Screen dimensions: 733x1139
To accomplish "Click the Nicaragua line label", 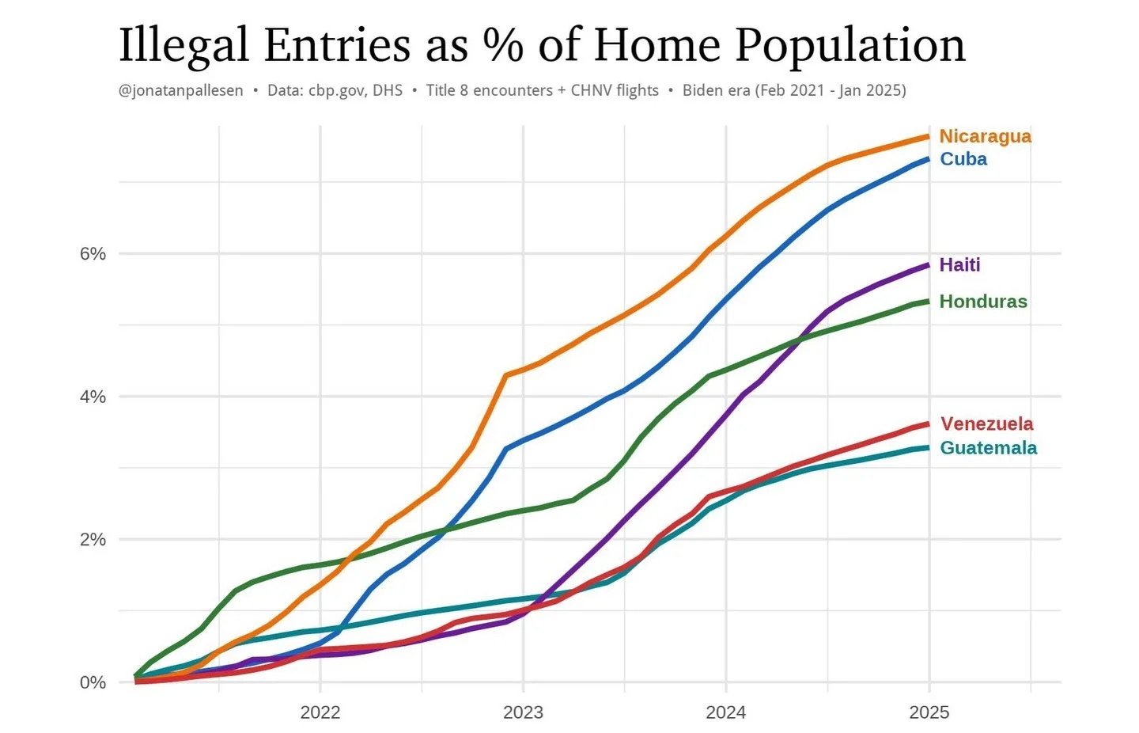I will (985, 136).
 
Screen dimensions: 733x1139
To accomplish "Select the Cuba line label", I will (963, 159).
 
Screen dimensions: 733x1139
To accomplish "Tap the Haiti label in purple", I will (959, 265).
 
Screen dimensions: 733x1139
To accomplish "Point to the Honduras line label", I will (982, 302).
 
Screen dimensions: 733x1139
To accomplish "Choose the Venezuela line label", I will (986, 424).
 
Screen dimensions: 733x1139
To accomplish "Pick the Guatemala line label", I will (988, 448).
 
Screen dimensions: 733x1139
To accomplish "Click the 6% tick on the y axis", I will (93, 254).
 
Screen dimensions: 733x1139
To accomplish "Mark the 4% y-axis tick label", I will (93, 397).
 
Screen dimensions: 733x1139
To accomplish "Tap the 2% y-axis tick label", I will (93, 540).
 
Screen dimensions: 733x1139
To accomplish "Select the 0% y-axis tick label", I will (93, 682).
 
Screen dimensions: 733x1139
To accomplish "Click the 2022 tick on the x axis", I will (320, 712).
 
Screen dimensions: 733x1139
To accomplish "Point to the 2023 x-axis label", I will (523, 712).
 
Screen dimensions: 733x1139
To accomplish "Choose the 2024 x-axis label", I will (726, 712).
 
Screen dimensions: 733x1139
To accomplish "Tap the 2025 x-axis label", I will (929, 712).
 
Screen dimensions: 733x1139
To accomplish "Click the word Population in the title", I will (850, 46).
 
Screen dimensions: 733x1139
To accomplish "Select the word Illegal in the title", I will (183, 46).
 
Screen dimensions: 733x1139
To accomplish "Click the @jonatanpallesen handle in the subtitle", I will (181, 90).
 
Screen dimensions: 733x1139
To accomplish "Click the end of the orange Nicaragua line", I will (928, 137).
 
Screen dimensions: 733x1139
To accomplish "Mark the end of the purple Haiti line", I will (928, 265).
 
